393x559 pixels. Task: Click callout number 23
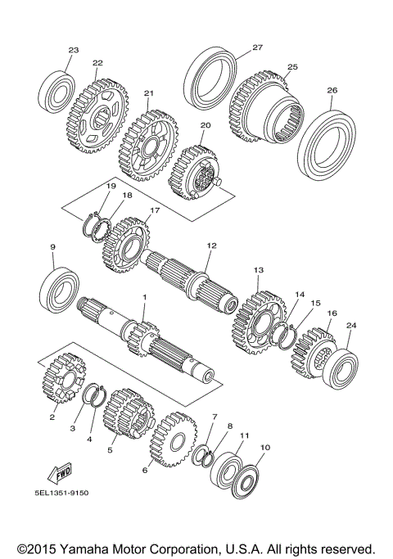tap(73, 51)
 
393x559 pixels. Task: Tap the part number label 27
tap(256, 47)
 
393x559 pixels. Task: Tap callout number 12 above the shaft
tap(210, 245)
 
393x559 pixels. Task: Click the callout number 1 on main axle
tap(144, 298)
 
